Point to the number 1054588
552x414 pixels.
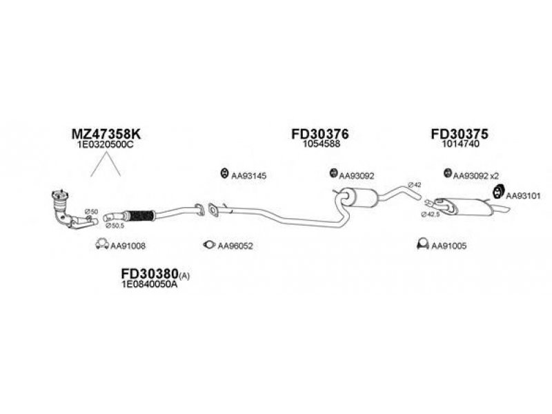[x=319, y=145]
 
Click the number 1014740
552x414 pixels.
[x=458, y=145]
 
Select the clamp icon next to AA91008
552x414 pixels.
[x=100, y=245]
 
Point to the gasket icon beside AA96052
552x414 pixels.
[x=208, y=245]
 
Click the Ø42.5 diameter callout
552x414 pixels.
[x=431, y=215]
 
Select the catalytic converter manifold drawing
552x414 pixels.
[x=69, y=207]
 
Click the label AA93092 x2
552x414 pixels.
[x=477, y=175]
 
